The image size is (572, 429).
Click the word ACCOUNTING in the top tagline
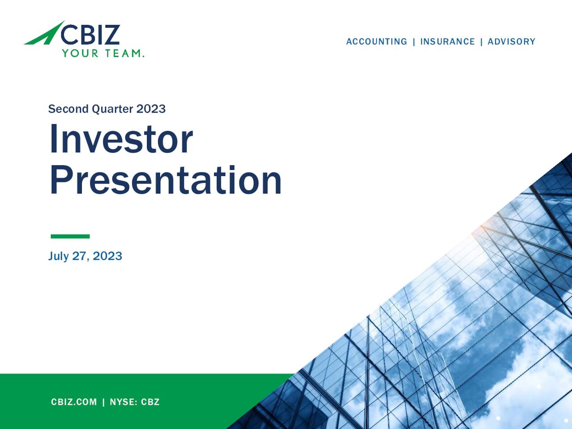376,42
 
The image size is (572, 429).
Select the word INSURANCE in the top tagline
447,42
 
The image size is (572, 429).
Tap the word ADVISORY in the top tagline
511,42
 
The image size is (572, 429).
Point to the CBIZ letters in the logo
90,34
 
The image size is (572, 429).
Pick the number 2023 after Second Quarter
151,109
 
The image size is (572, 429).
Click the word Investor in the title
121,139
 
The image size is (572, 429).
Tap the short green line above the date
70,236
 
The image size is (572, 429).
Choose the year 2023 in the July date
107,256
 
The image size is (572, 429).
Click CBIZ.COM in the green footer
74,402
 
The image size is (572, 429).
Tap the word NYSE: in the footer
123,402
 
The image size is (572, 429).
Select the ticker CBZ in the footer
150,402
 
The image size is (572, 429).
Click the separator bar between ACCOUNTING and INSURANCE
414,42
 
